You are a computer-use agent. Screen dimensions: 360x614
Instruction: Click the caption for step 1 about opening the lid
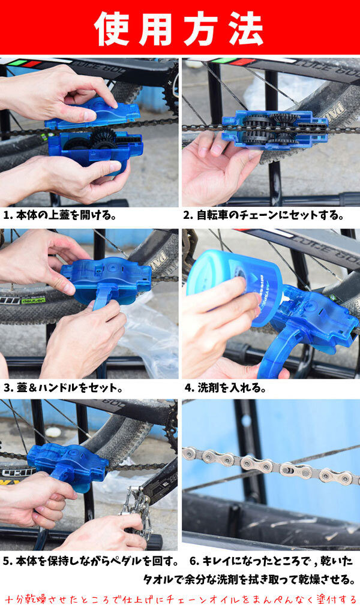[x=59, y=215]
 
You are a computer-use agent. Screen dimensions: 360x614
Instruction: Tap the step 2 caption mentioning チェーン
[x=263, y=215]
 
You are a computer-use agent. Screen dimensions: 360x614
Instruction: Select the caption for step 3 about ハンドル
[x=63, y=388]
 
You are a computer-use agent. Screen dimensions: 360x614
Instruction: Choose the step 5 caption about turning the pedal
[x=91, y=561]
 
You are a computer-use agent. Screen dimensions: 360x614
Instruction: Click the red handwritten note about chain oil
[x=181, y=600]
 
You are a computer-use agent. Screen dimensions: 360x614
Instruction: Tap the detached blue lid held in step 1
[x=92, y=113]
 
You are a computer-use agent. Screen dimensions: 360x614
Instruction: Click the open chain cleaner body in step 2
[x=275, y=130]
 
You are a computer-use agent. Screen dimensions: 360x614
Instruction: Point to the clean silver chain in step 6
[x=271, y=465]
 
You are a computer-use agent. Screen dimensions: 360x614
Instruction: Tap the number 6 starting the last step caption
[x=193, y=561]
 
